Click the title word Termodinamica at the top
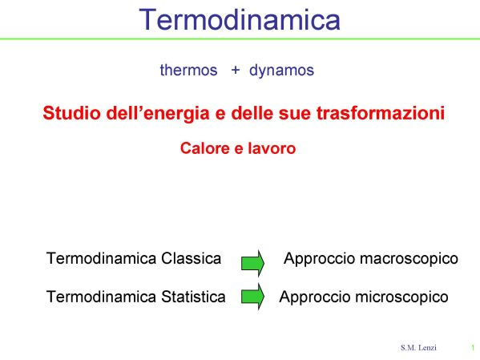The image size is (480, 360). point(240,19)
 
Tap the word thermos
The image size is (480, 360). point(188,70)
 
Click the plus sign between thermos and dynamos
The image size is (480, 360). point(235,71)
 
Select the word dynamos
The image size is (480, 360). point(281,71)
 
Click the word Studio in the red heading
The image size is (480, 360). point(71,112)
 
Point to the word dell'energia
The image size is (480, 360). point(159,113)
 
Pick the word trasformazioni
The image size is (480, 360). point(380,112)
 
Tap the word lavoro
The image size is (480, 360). point(272,148)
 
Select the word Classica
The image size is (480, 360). point(191,258)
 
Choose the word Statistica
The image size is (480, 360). point(193,297)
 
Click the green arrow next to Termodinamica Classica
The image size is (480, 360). point(252,263)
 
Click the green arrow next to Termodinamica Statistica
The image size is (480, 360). point(252,297)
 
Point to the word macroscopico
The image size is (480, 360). point(409,259)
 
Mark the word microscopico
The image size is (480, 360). point(402,297)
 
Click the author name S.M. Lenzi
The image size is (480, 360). point(418,347)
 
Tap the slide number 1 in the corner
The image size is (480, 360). point(473,348)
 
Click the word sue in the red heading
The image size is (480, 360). point(294,113)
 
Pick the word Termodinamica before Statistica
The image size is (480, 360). point(101,297)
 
